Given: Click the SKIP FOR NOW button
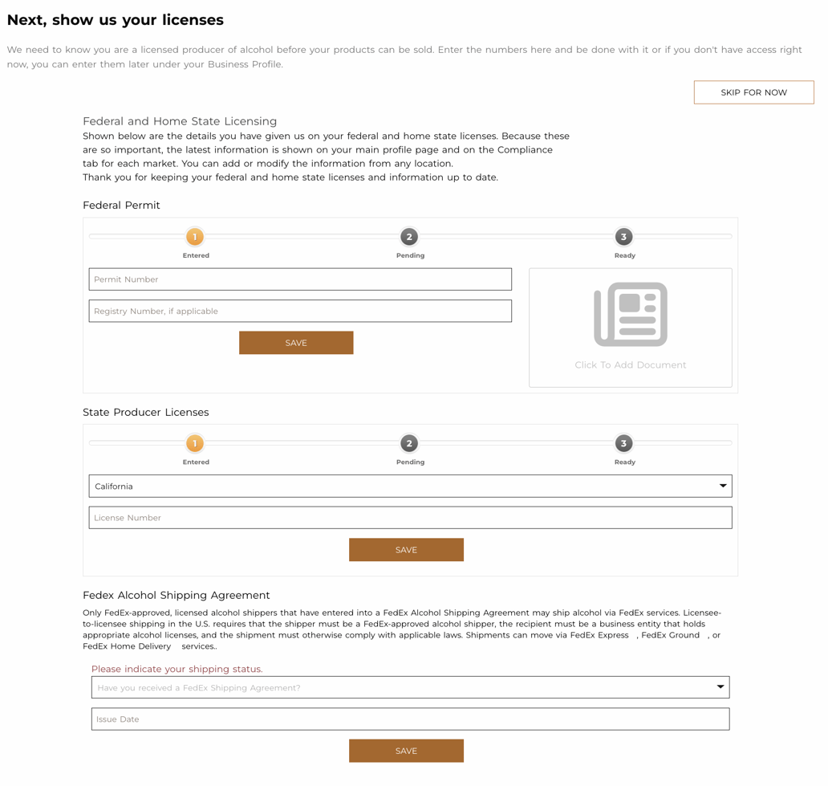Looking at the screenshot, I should click(x=753, y=92).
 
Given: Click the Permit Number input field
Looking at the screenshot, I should click(x=300, y=279).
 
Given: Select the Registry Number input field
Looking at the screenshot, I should click(x=300, y=312).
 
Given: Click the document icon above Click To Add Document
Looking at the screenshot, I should click(x=631, y=314).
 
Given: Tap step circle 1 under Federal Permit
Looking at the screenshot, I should click(x=195, y=237).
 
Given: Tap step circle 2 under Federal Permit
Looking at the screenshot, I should click(x=409, y=237).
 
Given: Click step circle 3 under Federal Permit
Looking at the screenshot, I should click(x=623, y=237).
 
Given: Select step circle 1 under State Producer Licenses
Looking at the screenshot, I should click(x=195, y=443).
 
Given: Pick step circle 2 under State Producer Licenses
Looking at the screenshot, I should click(x=409, y=443).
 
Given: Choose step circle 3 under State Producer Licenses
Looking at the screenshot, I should click(x=623, y=443).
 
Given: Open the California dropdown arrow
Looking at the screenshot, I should click(x=722, y=487).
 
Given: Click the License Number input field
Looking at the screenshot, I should click(x=410, y=518).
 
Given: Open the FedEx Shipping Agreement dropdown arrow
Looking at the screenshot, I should click(x=720, y=687).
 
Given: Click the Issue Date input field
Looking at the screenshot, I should click(x=410, y=719).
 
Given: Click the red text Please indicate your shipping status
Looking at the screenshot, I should click(x=177, y=669).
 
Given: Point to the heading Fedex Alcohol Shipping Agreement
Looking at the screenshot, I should click(x=176, y=596).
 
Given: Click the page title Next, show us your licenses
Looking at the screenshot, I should click(x=116, y=20).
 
